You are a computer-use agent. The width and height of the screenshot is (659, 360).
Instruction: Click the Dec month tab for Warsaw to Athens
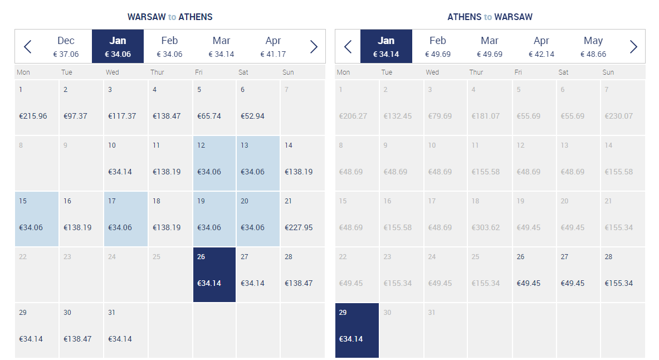(66, 46)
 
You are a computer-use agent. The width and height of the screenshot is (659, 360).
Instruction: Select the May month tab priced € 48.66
(593, 46)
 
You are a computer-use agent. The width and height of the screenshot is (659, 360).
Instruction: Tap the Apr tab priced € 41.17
(273, 46)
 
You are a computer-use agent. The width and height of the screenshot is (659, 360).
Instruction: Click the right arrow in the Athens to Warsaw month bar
(633, 47)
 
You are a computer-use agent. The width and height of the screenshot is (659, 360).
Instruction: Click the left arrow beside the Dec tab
(28, 47)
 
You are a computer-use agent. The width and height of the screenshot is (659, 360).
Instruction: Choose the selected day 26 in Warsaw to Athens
(214, 275)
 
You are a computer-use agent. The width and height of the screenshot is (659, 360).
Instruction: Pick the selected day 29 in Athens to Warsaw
(357, 330)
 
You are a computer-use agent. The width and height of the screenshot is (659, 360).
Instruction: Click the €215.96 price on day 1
(33, 116)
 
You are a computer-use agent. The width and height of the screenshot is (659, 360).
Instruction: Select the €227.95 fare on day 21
(299, 227)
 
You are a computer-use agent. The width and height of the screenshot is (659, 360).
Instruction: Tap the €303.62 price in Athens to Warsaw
(485, 227)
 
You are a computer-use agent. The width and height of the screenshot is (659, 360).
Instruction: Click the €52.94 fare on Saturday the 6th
(252, 116)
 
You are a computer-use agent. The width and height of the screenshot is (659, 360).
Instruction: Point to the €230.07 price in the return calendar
(619, 116)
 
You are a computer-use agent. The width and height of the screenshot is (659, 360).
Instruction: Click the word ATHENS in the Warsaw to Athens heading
(196, 17)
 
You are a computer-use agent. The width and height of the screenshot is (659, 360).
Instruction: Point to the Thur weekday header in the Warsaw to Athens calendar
(157, 72)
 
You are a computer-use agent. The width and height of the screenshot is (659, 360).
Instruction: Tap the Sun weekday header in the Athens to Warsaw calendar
(608, 72)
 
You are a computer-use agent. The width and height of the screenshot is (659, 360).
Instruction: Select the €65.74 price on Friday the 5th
(209, 116)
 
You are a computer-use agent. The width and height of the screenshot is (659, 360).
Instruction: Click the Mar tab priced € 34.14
(222, 46)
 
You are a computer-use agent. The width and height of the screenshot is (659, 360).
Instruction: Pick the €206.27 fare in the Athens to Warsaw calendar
(353, 116)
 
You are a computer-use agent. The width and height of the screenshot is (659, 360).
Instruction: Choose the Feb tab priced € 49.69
(437, 46)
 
